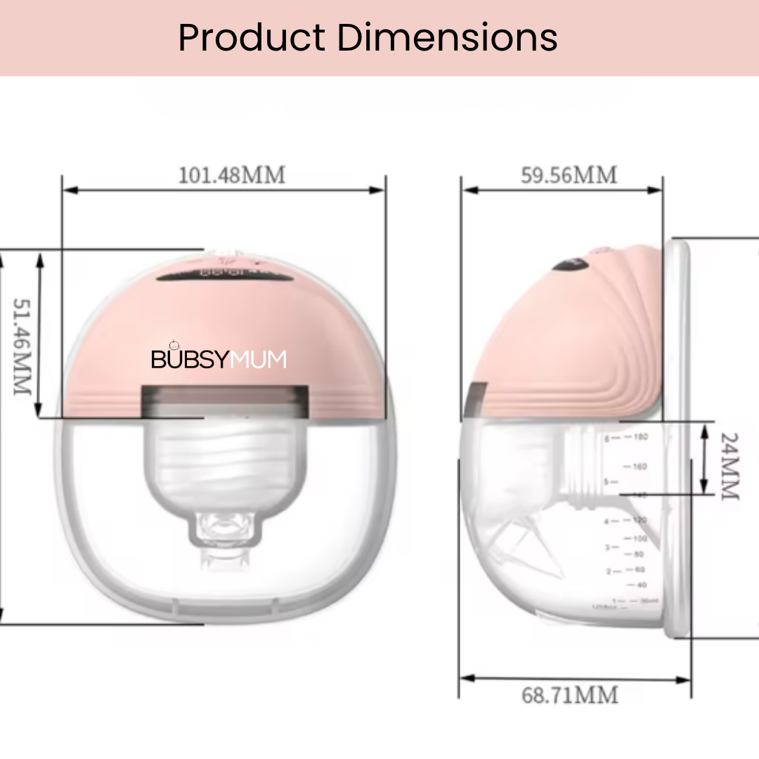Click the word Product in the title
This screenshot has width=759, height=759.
252,38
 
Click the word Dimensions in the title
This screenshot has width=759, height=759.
447,38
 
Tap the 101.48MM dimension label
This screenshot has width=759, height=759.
232,175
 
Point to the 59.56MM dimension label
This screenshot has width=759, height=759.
569,175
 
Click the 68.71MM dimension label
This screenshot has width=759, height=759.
570,695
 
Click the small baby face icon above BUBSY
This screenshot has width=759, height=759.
175,344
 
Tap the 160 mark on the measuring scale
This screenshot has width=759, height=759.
640,467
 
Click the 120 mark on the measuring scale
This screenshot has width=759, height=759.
640,520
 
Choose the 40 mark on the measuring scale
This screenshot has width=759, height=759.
640,585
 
